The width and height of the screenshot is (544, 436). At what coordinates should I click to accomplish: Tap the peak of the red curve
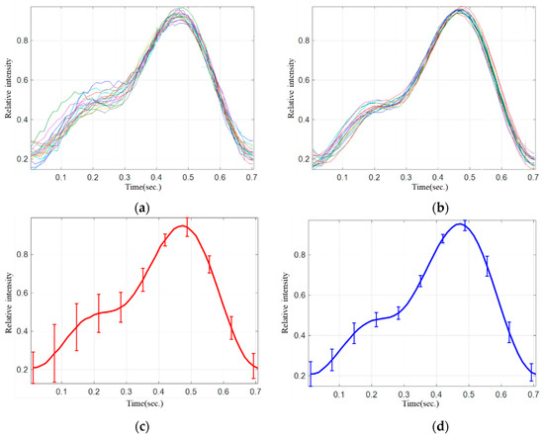(x=182, y=226)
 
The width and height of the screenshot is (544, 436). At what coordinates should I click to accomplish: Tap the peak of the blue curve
(x=462, y=224)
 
